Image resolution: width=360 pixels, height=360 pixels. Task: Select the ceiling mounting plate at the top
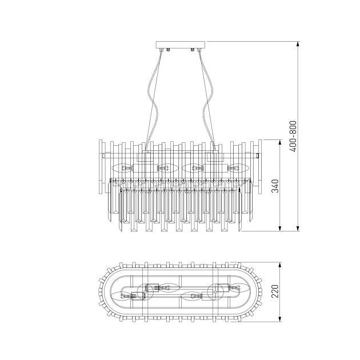[x=181, y=45]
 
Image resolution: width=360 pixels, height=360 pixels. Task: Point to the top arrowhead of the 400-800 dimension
[x=298, y=43]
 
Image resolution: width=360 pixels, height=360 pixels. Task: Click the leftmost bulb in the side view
[x=125, y=168]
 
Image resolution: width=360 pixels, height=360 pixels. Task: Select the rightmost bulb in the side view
[x=236, y=168]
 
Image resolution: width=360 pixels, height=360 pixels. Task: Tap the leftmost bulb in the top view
[x=125, y=295]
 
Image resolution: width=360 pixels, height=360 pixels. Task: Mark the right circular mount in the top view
[x=215, y=291]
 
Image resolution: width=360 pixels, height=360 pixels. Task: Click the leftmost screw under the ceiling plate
[x=162, y=51]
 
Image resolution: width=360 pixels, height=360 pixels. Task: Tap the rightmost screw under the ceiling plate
[x=199, y=51]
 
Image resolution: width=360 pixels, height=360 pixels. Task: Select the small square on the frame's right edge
[x=258, y=155]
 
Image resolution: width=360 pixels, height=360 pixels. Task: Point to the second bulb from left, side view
[x=167, y=168]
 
